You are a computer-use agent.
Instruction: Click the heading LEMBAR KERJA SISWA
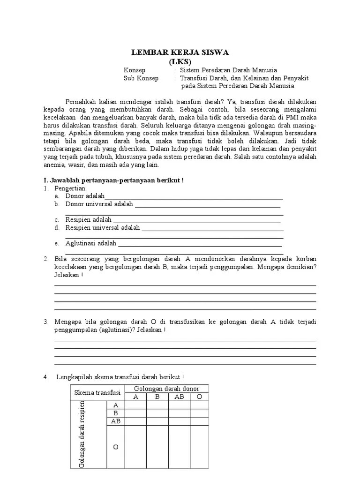[180, 52]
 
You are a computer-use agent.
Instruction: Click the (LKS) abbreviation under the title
[180, 61]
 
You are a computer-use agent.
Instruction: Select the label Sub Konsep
[141, 78]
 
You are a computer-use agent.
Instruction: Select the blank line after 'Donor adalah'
[194, 197]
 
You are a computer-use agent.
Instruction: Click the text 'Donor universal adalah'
[99, 204]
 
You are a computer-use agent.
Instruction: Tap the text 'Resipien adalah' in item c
[89, 219]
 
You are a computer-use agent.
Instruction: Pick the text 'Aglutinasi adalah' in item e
[91, 243]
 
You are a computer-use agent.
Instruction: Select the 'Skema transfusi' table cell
[97, 392]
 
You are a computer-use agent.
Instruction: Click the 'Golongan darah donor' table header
[166, 389]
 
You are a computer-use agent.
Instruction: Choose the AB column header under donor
[180, 397]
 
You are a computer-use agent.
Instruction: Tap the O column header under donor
[199, 397]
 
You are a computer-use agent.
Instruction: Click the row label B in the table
[116, 413]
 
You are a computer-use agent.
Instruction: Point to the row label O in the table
[116, 447]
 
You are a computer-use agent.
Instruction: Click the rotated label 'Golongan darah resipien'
[82, 434]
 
